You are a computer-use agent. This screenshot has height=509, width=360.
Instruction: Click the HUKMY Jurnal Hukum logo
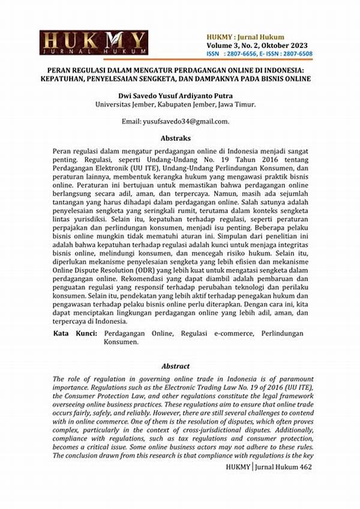point(93,43)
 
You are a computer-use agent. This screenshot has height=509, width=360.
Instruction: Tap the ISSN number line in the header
point(259,54)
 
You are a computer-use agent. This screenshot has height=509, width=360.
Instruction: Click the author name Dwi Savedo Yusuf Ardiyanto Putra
point(176,95)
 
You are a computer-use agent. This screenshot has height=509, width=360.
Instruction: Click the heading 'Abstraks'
point(175,137)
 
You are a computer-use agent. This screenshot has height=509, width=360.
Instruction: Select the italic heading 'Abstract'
point(175,366)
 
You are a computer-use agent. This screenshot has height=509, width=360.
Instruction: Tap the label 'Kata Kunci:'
point(74,333)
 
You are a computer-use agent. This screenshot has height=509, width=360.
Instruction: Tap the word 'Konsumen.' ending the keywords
point(120,342)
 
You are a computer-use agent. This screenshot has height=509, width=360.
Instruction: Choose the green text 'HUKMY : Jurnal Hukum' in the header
point(245,37)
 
